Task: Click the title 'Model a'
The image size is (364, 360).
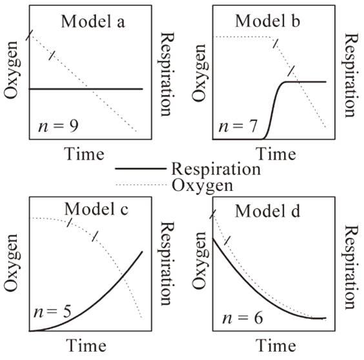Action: [x=93, y=21]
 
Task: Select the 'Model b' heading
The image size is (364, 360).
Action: [x=268, y=21]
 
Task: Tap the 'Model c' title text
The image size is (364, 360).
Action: [x=96, y=209]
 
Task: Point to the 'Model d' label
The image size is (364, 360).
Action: [x=268, y=211]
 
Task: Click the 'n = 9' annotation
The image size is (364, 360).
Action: [x=58, y=126]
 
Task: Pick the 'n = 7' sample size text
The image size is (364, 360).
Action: [x=238, y=126]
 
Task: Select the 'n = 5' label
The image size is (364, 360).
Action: [x=52, y=312]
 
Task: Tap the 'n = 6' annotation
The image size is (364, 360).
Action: [x=243, y=318]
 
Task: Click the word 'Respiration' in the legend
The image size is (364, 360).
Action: [x=216, y=170]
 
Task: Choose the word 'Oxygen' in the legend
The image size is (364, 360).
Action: [x=202, y=186]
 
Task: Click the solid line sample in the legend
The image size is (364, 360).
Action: [x=141, y=168]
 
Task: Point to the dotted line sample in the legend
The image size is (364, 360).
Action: [x=141, y=185]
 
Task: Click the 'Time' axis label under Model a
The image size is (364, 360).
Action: [x=85, y=154]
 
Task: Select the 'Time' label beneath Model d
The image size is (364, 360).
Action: [x=276, y=346]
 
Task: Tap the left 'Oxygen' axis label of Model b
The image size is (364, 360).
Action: [x=199, y=73]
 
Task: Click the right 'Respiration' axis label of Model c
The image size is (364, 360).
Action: [x=167, y=264]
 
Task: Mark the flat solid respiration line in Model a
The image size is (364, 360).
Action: [x=86, y=89]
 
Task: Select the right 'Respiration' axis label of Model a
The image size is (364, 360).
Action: [x=167, y=74]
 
